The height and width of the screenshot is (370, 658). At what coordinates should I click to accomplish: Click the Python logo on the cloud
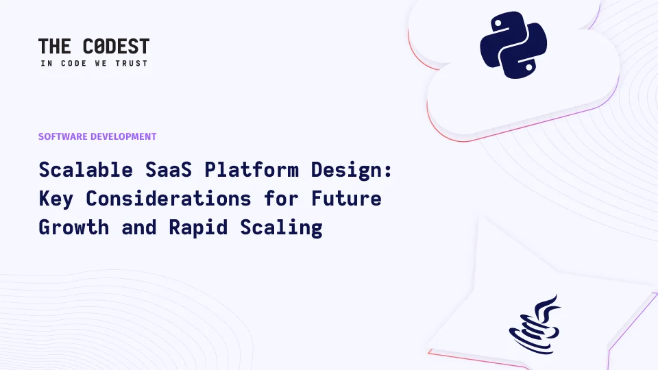click(x=513, y=45)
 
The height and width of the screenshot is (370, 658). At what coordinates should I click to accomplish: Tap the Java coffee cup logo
click(x=535, y=324)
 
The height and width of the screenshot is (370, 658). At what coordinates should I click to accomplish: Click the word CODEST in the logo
click(x=117, y=47)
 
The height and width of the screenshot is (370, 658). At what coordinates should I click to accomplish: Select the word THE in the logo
click(x=55, y=47)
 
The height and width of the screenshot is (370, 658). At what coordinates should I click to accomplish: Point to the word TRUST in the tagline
click(x=132, y=63)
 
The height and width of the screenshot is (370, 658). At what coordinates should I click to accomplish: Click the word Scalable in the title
click(x=86, y=170)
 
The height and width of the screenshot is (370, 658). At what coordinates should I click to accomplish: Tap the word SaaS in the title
click(x=169, y=170)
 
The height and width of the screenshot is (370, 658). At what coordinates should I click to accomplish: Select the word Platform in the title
click(x=252, y=170)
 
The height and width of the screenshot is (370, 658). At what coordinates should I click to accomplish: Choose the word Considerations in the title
click(x=169, y=199)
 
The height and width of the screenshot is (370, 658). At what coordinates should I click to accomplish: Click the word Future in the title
click(x=346, y=199)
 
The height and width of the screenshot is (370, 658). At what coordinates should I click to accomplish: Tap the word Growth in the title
click(x=74, y=227)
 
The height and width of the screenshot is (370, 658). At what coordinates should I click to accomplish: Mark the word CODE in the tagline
click(x=74, y=63)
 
